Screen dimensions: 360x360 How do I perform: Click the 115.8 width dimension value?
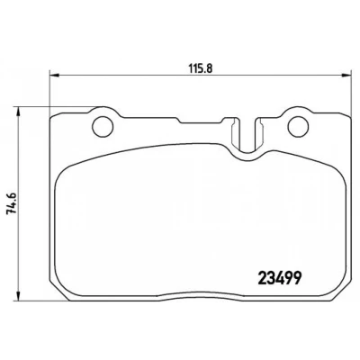point(201,68)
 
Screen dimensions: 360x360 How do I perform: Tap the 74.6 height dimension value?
point(12,203)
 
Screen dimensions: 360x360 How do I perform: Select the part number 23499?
point(280,278)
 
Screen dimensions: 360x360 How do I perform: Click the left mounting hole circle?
point(103,126)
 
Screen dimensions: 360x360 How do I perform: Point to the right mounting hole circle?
point(298,126)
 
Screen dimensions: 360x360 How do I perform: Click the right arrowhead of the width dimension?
point(346,75)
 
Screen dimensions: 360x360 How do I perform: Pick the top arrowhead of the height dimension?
point(19,112)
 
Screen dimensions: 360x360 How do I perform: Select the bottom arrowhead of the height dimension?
point(19,295)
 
